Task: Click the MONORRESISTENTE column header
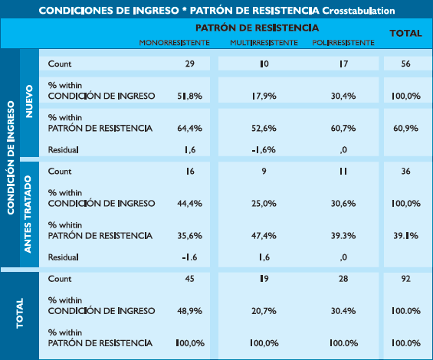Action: [x=174, y=43]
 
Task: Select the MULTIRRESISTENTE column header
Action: [x=264, y=43]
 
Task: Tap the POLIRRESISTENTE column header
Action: [x=343, y=43]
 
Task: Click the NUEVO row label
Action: [x=29, y=101]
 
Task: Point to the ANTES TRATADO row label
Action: [x=28, y=214]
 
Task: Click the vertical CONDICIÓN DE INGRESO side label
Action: [x=11, y=158]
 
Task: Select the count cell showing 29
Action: [x=190, y=64]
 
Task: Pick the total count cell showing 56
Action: [x=405, y=64]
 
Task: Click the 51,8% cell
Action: [x=190, y=96]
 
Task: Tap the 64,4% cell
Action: [x=190, y=129]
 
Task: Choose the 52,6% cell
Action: [x=264, y=129]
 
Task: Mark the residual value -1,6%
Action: [x=264, y=150]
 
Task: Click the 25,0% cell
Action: [x=264, y=204]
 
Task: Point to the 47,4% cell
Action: [x=264, y=236]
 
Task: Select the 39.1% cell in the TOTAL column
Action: [x=405, y=236]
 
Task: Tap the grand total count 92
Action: [x=405, y=279]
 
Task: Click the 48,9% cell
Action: [x=190, y=311]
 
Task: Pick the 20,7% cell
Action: [x=264, y=311]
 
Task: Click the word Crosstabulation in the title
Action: [x=359, y=11]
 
